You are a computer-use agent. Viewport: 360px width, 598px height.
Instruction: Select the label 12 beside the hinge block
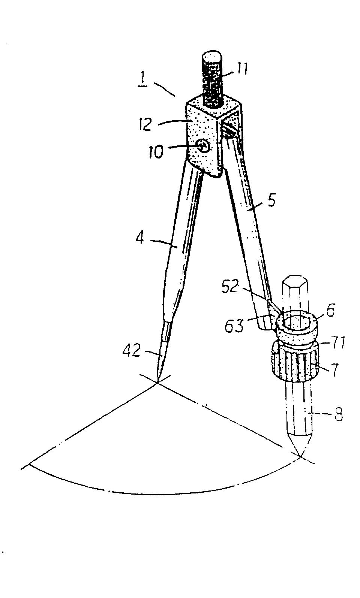point(145,125)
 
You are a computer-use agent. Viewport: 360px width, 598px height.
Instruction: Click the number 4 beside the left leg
point(140,237)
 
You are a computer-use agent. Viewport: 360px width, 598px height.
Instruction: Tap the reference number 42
point(132,351)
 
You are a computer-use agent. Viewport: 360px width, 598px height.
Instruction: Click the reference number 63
point(234,326)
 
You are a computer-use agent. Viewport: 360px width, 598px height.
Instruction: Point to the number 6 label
point(330,311)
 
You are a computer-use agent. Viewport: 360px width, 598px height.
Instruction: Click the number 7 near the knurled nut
point(334,369)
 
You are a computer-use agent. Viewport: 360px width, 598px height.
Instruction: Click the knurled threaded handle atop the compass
point(213,78)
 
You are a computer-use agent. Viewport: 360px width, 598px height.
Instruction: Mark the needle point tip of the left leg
point(157,382)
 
